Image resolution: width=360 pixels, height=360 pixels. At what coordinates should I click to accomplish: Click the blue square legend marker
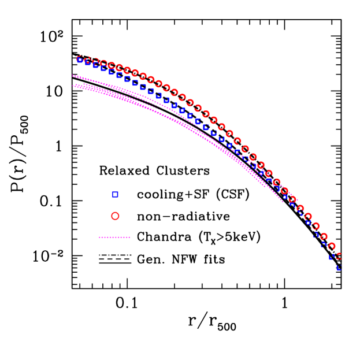[x=115, y=194]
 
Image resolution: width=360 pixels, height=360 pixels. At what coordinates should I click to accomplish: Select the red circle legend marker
[x=115, y=216]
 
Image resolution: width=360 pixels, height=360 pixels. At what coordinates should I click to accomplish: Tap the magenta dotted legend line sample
[x=114, y=237]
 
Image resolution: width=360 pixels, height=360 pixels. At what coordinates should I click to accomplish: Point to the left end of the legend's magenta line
[x=99, y=237]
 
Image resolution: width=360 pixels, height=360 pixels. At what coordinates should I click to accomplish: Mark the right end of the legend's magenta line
[x=129, y=237]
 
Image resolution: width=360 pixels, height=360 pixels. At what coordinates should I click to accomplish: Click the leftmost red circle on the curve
[x=80, y=59]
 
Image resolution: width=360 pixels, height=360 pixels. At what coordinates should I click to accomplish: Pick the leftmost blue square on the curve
[x=80, y=60]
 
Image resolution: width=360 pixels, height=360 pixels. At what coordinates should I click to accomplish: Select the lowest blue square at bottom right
[x=339, y=268]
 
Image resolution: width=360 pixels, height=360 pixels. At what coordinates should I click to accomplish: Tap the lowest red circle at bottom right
[x=339, y=255]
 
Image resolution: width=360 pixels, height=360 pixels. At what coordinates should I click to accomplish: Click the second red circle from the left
[x=88, y=60]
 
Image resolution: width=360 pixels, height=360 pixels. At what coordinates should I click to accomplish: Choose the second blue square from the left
[x=88, y=62]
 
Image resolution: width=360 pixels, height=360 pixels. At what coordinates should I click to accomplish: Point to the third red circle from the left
[x=96, y=62]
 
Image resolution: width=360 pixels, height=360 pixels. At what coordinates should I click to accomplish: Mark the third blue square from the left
[x=96, y=65]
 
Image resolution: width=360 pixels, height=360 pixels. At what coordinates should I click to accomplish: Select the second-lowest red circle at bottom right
[x=332, y=246]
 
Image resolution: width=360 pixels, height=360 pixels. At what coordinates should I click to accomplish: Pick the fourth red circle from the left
[x=104, y=64]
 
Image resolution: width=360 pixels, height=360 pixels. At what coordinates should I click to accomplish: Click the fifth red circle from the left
[x=112, y=66]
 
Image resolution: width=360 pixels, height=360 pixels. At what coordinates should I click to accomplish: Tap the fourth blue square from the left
[x=103, y=68]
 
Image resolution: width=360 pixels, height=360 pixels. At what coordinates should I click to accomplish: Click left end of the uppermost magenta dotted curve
[x=73, y=76]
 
